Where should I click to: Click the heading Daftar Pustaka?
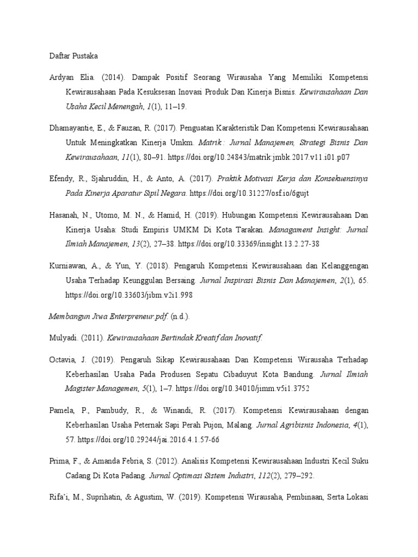pyautogui.click(x=73, y=55)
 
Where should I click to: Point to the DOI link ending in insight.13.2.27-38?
pyautogui.click(x=243, y=244)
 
